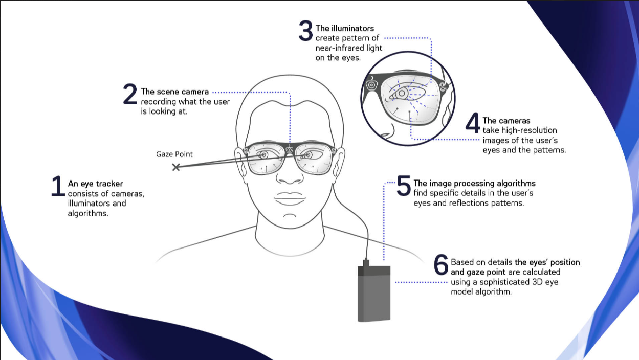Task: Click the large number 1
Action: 58,187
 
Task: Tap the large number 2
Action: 130,95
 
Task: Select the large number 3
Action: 305,31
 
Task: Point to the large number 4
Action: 473,124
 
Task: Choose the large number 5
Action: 404,186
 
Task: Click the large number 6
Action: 441,265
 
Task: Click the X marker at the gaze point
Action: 176,167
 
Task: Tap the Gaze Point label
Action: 174,154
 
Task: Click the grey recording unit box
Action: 373,293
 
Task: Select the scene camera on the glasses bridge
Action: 290,150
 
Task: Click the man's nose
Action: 290,176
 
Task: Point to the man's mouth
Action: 290,198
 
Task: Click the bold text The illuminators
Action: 345,29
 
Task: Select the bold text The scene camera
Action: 174,92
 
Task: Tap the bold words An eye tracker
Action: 95,184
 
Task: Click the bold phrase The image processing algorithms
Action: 474,183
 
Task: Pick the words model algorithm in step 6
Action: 481,291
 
